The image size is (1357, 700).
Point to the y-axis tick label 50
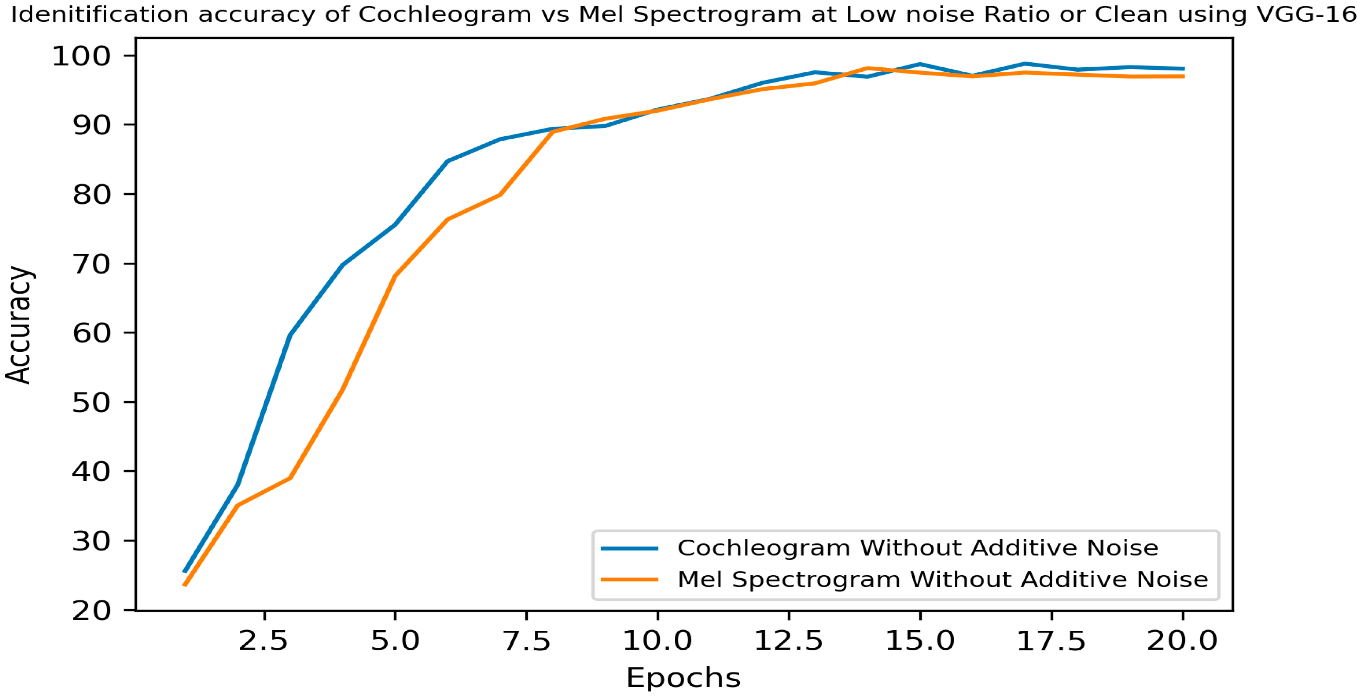pos(91,403)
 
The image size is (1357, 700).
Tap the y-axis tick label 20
pos(91,611)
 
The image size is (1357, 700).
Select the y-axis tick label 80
pos(91,195)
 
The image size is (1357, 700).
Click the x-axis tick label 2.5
pos(263,641)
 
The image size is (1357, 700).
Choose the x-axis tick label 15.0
pos(920,641)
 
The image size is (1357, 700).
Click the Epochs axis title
pos(683,678)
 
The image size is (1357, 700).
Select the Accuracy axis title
pos(19,325)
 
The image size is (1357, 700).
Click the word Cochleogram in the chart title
pos(445,14)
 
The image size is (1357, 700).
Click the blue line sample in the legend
pos(630,548)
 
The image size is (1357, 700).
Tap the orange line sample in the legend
pos(630,579)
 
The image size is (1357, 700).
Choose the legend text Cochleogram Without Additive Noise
pos(918,548)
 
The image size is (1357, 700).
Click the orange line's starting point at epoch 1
pos(185,585)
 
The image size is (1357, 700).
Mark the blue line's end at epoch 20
pos(1183,69)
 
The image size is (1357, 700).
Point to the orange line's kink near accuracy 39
pos(290,478)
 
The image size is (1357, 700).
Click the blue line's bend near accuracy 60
pos(290,335)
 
